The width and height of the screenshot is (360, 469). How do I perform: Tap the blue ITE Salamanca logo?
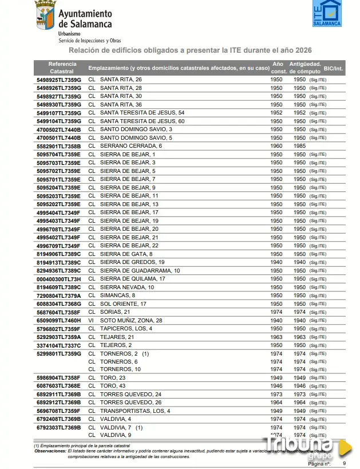(x=327, y=13)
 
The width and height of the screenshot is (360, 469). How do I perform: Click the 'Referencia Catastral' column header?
(x=62, y=67)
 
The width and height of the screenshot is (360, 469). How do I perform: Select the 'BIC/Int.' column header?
(x=334, y=68)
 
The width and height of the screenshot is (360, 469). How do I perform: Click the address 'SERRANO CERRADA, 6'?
(x=130, y=146)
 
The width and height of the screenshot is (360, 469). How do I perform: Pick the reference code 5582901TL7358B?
(x=58, y=146)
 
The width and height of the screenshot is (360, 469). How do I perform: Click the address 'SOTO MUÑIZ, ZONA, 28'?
(x=131, y=321)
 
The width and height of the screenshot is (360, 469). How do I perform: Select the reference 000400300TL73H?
(x=58, y=279)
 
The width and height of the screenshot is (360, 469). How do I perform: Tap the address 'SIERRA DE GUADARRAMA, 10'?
(x=140, y=270)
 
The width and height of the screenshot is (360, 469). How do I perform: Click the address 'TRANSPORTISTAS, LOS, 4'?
(x=134, y=411)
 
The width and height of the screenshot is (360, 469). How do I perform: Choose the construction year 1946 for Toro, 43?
(x=276, y=386)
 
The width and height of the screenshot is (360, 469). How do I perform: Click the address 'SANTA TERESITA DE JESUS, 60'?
(x=142, y=121)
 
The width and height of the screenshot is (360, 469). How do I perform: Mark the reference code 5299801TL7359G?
(x=58, y=354)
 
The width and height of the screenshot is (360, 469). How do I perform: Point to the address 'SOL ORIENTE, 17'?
(x=123, y=304)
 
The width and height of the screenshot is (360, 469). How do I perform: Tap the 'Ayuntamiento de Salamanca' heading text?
(x=85, y=19)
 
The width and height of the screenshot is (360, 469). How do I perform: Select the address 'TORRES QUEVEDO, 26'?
(x=130, y=403)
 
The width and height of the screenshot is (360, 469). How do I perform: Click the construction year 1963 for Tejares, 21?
(x=276, y=337)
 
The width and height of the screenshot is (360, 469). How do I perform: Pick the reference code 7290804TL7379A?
(x=58, y=295)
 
